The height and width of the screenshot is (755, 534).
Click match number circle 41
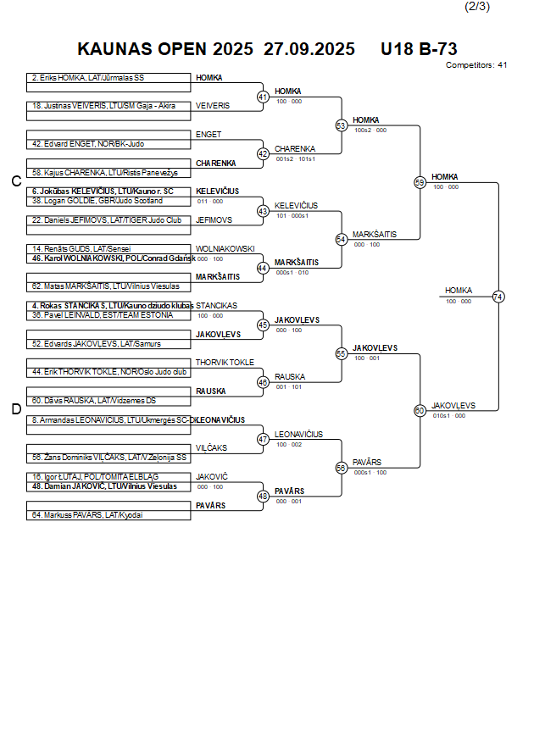tap(263, 97)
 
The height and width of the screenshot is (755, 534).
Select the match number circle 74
tap(498, 297)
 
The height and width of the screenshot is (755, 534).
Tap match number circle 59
tap(420, 182)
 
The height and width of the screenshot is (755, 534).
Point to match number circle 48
tap(263, 497)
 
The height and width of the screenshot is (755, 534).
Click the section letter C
tap(15, 181)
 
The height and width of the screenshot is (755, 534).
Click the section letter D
tap(15, 409)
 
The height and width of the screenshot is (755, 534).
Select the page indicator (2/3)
tap(478, 7)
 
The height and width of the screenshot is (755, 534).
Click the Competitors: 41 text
tap(476, 65)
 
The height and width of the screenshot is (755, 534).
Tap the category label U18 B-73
tap(419, 49)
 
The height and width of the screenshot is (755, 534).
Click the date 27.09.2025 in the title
tap(309, 49)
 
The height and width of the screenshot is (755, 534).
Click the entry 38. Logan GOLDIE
tap(97, 201)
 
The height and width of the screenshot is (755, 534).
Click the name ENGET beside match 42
tap(209, 135)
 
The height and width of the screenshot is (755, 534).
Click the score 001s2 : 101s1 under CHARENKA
tap(295, 158)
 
